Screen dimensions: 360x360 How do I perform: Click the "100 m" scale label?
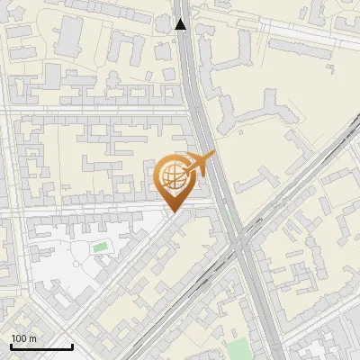click(24, 338)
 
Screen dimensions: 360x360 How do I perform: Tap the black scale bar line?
click(41, 346)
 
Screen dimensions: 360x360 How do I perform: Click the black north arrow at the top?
click(182, 24)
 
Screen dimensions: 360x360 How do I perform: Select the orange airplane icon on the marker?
click(200, 165)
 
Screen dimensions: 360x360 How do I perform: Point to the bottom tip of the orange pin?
click(172, 213)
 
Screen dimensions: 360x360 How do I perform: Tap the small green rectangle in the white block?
click(99, 246)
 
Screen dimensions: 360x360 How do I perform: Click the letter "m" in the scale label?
click(31, 338)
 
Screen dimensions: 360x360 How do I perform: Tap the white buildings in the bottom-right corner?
click(328, 346)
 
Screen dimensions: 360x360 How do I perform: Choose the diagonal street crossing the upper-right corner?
click(297, 26)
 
